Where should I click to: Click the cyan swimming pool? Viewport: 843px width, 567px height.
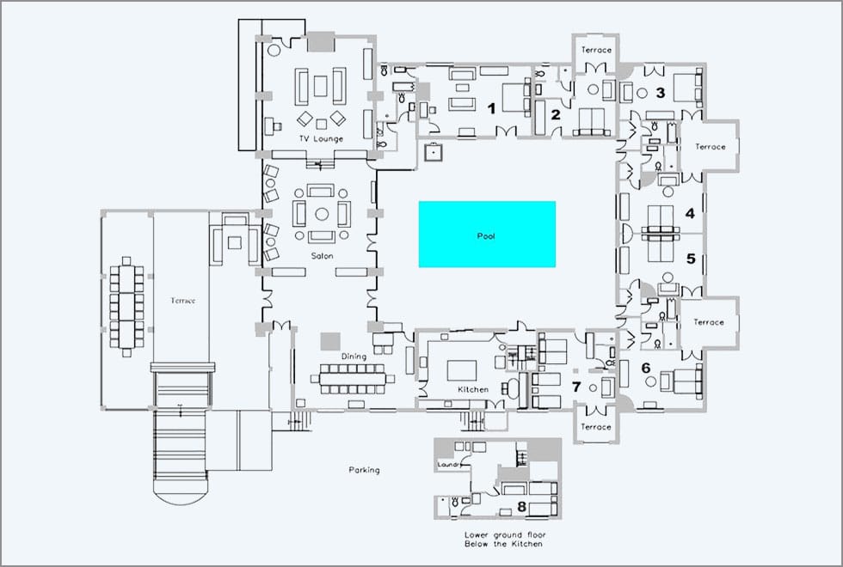(x=487, y=234)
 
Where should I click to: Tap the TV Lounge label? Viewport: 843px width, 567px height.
(x=321, y=138)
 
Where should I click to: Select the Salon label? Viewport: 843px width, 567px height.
(x=322, y=256)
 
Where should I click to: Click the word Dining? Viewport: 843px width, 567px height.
(x=354, y=356)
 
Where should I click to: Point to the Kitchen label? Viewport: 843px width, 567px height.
(x=473, y=389)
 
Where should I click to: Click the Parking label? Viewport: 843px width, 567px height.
(x=364, y=470)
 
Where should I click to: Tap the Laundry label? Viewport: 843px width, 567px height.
(x=449, y=465)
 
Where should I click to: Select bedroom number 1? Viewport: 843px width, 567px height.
(x=491, y=109)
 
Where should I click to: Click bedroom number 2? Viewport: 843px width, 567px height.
(x=556, y=114)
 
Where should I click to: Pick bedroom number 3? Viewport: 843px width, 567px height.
(x=661, y=93)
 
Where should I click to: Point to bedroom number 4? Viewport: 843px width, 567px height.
(x=690, y=213)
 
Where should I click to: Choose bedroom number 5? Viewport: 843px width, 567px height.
(x=691, y=259)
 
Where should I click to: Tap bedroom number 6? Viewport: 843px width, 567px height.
(x=646, y=369)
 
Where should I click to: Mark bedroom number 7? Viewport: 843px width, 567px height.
(x=576, y=387)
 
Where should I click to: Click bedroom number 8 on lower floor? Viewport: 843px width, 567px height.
(x=521, y=506)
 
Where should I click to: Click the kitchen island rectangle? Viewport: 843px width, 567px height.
(x=462, y=370)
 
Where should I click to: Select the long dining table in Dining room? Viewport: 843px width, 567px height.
(x=353, y=379)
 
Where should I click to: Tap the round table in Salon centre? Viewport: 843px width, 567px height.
(x=322, y=214)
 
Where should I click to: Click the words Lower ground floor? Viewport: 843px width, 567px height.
(x=505, y=534)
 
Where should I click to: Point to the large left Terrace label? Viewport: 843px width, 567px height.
(x=182, y=301)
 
